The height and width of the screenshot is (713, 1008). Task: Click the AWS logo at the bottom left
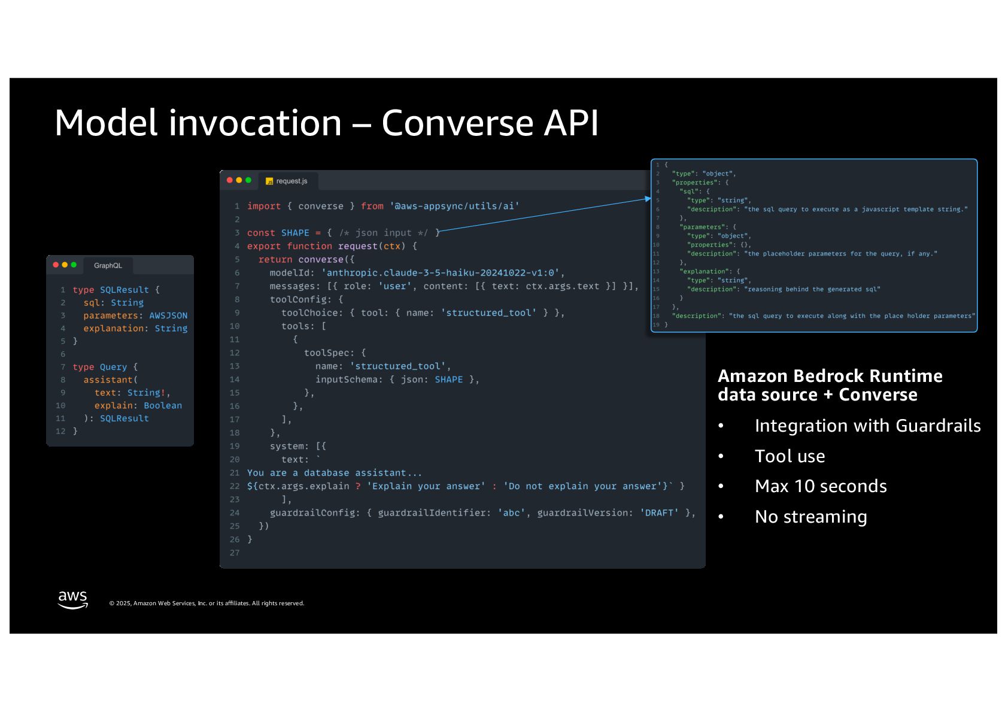(x=72, y=599)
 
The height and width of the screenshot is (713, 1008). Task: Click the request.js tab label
(x=292, y=181)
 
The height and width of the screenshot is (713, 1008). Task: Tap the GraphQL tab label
(x=108, y=266)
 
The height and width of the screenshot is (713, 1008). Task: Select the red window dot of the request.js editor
(x=230, y=180)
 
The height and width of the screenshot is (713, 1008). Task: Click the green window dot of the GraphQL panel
(x=74, y=265)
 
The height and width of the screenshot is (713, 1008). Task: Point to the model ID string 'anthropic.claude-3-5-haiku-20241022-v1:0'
(x=441, y=273)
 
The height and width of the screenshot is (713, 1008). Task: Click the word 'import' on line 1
(x=264, y=207)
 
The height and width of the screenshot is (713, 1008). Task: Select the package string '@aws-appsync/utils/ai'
(x=454, y=207)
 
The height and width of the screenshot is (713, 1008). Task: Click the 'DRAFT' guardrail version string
(x=659, y=513)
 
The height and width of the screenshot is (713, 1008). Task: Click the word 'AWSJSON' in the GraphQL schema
(x=168, y=315)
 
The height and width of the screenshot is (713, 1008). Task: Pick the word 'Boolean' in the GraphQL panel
(x=163, y=406)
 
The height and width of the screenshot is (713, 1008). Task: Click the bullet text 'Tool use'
(x=790, y=456)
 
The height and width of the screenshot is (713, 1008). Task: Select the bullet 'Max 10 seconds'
(x=821, y=486)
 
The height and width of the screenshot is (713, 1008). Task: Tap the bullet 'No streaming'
(x=810, y=517)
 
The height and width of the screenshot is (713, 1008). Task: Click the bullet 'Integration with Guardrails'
(x=867, y=426)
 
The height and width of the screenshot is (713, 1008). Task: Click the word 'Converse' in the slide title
(x=457, y=123)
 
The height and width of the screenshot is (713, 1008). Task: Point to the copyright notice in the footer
(x=207, y=603)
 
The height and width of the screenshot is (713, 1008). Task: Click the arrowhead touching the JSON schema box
(x=648, y=199)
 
